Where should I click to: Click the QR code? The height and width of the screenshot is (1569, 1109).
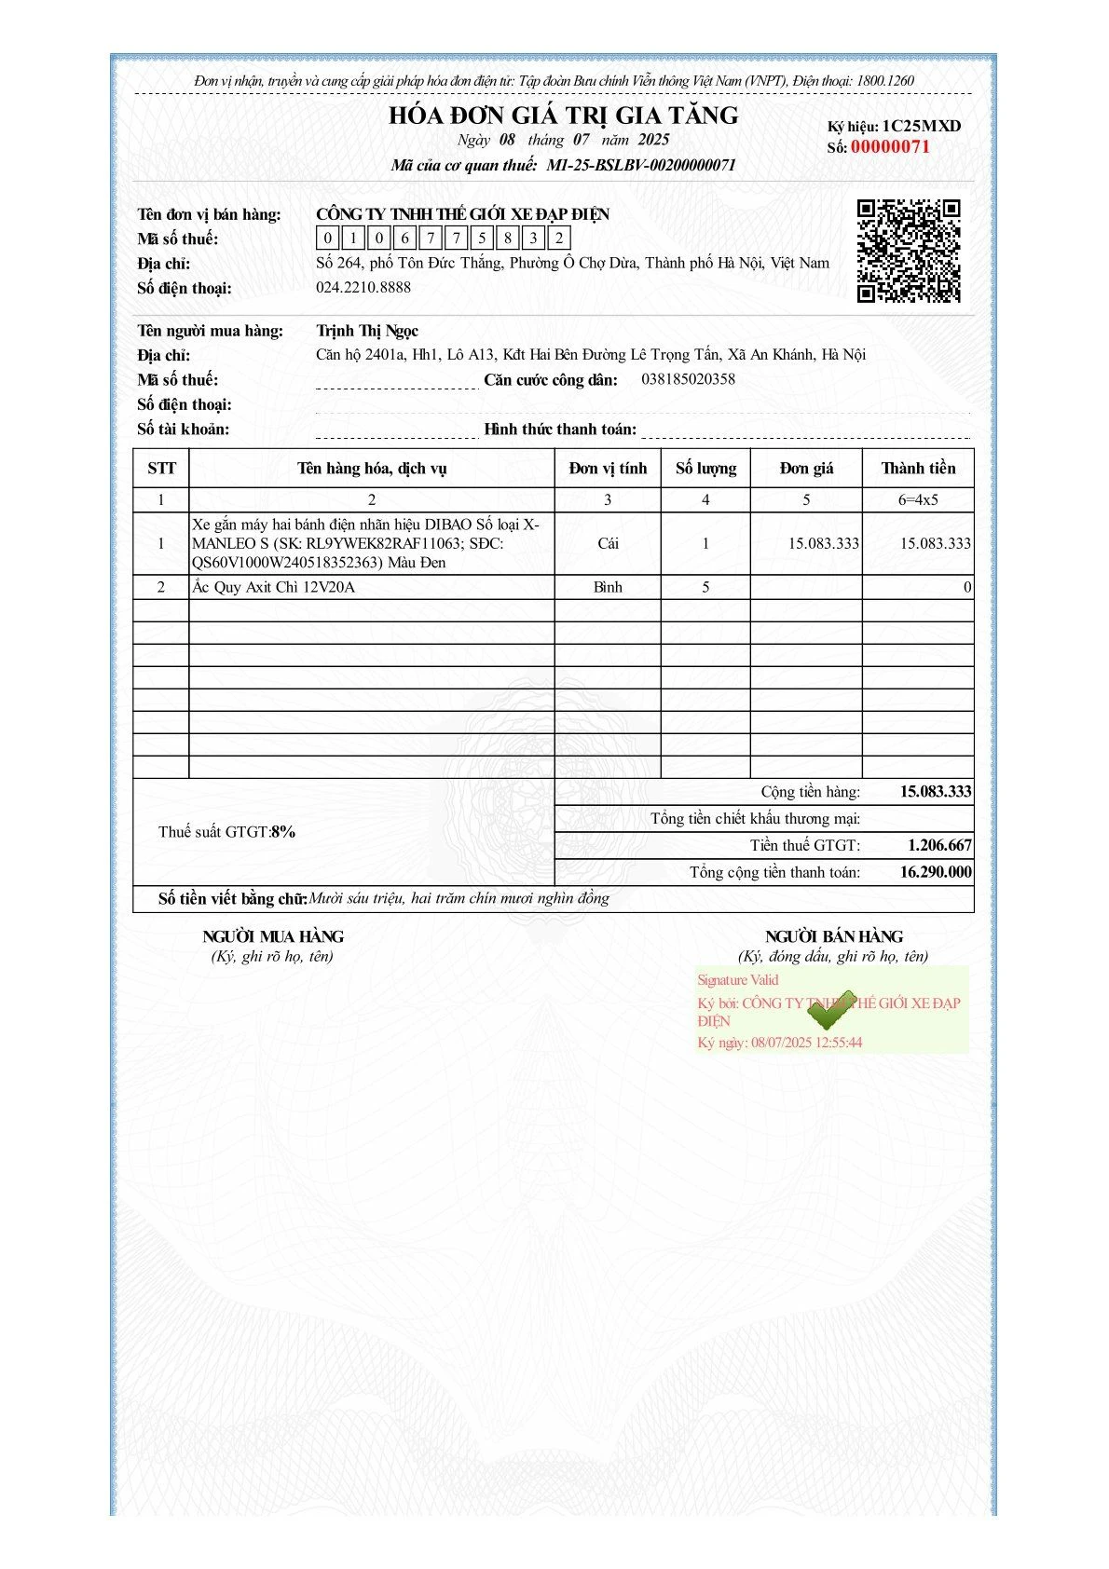point(908,251)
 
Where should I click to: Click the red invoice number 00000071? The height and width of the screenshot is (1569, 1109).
point(890,147)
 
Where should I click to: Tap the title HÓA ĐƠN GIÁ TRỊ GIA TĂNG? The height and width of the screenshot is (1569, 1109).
point(563,116)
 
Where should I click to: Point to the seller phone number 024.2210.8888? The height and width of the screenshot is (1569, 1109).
point(363,287)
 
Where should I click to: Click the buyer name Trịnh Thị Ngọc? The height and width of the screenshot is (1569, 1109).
point(367,331)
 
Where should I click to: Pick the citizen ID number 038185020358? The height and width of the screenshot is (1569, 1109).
point(688,379)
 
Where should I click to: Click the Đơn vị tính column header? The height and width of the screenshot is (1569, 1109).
point(608,468)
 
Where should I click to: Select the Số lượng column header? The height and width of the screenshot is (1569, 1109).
point(705,468)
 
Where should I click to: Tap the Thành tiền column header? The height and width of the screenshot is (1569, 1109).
point(918,468)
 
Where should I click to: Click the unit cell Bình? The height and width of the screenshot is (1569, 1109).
point(608,587)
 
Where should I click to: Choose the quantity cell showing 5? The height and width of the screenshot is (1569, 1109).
point(705,587)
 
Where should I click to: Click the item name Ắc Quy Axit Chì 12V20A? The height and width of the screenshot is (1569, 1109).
point(273,587)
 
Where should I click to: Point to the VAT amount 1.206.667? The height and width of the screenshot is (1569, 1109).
point(939,845)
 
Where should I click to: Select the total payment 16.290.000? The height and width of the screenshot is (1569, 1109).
point(936,872)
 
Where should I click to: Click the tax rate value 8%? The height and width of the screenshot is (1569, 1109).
point(283,832)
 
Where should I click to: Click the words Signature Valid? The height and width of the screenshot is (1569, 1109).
point(737,980)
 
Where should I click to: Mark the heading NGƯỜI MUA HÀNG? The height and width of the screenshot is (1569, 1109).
point(273,936)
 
